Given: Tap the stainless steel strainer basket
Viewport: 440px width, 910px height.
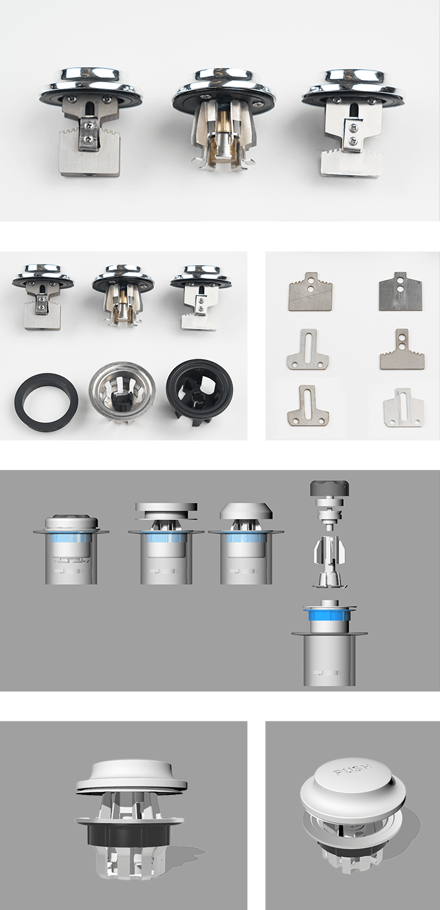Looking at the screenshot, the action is (121, 387).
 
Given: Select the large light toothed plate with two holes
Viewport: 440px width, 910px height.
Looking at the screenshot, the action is (309, 291).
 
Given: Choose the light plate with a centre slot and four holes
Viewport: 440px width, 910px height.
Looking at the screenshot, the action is (404, 407).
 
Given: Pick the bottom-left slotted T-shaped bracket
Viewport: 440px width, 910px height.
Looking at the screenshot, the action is (308, 405).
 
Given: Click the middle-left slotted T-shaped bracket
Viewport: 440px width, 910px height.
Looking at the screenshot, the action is (308, 350).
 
